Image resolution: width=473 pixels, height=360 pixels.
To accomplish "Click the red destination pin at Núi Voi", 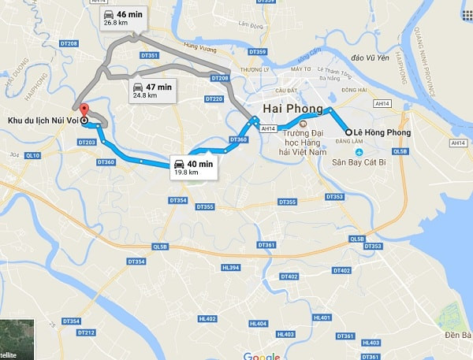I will [x=84, y=110].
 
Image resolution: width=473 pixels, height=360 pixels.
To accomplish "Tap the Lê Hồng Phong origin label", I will [x=382, y=132].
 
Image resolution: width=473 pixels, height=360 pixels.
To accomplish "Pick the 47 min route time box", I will [x=152, y=91].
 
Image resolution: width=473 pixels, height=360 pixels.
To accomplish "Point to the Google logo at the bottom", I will [x=262, y=356].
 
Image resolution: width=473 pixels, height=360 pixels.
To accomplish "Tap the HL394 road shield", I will [x=230, y=268].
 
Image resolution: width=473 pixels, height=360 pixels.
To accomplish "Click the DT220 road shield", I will [x=213, y=99].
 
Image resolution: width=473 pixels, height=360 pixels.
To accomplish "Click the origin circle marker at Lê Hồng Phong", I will [x=348, y=132].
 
